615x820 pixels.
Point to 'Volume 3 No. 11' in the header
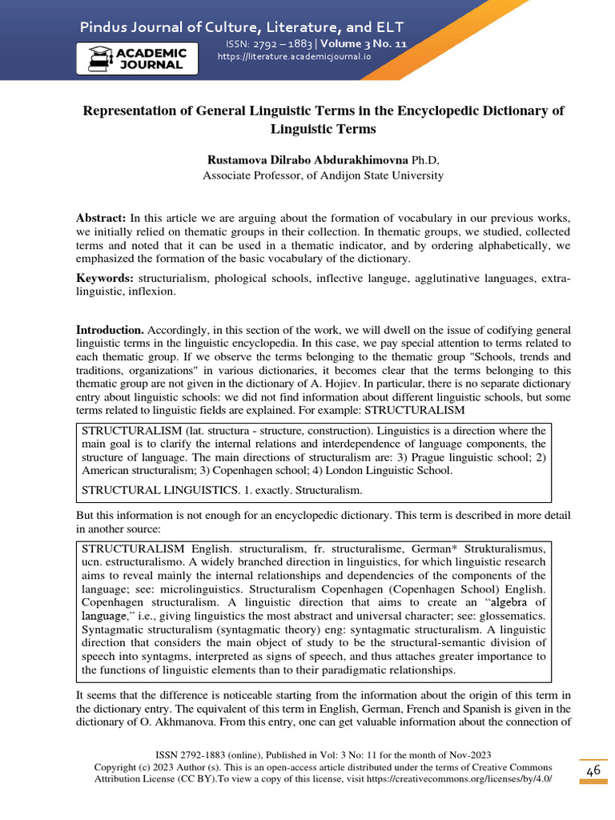pos(364,44)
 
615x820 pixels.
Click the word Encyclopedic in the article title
pos(444,111)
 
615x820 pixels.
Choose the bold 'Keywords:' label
pos(104,278)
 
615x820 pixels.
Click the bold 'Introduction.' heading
pos(110,330)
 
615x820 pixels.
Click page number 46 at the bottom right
pos(593,770)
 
